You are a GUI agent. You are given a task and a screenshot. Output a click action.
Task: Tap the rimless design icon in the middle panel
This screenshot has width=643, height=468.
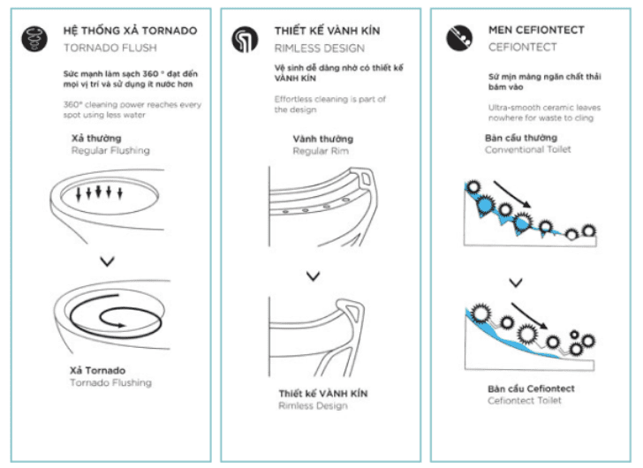tap(243, 39)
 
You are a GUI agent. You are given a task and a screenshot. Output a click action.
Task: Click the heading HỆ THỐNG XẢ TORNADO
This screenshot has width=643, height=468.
tap(130, 30)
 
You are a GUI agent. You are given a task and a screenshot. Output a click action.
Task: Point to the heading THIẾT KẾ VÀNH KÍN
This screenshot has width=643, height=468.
tap(327, 30)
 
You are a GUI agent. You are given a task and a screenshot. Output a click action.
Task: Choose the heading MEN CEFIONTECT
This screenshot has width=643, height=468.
tap(536, 30)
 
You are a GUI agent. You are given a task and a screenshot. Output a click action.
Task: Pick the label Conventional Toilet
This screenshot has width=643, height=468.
tap(529, 149)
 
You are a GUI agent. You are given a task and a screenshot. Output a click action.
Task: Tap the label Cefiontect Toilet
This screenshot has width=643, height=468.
tap(524, 400)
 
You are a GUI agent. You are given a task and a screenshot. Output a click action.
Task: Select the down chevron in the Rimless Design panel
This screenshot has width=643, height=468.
tap(313, 276)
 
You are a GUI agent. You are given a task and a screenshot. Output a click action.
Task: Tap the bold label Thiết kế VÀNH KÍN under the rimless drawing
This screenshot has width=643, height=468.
tap(323, 393)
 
